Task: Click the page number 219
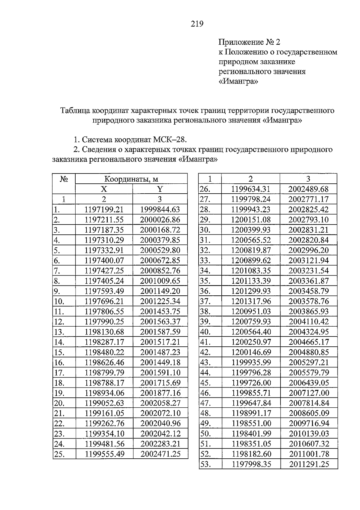(x=197, y=24)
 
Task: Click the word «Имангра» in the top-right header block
(x=238, y=81)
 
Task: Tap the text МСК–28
(x=170, y=140)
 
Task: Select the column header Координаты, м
(x=131, y=179)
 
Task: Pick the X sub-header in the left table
(x=103, y=189)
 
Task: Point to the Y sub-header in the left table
(x=160, y=189)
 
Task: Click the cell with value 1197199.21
(x=104, y=210)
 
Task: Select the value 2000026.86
(x=160, y=220)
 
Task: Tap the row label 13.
(x=59, y=332)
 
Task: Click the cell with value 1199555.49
(x=104, y=454)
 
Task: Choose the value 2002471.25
(x=160, y=454)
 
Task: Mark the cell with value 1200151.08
(x=251, y=220)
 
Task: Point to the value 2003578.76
(x=309, y=301)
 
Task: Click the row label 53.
(x=205, y=464)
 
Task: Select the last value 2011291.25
(x=309, y=464)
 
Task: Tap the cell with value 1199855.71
(x=251, y=393)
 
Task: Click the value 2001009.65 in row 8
(x=160, y=281)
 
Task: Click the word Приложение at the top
(x=238, y=42)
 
